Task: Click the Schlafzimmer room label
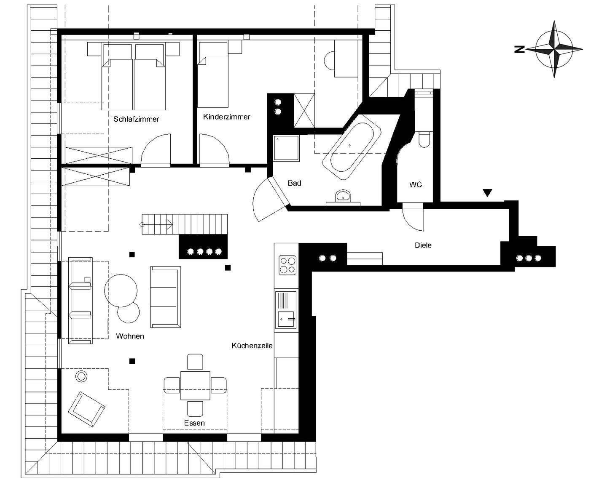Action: pyautogui.click(x=136, y=119)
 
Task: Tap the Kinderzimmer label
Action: pyautogui.click(x=226, y=117)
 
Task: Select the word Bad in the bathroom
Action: pyautogui.click(x=295, y=183)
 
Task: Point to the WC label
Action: pyautogui.click(x=416, y=184)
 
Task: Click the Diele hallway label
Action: pyautogui.click(x=423, y=245)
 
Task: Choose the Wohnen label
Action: pyautogui.click(x=130, y=336)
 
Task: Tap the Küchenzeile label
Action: pyautogui.click(x=252, y=346)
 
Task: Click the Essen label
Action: pyautogui.click(x=194, y=423)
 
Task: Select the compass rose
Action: pyautogui.click(x=554, y=49)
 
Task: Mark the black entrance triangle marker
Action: pyautogui.click(x=487, y=193)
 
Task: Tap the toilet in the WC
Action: pyautogui.click(x=424, y=139)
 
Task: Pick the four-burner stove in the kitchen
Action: pyautogui.click(x=287, y=265)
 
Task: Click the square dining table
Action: pyautogui.click(x=195, y=386)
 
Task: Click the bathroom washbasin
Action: pyautogui.click(x=343, y=196)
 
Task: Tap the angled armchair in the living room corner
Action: pyautogui.click(x=86, y=409)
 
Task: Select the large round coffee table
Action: pyautogui.click(x=121, y=291)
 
